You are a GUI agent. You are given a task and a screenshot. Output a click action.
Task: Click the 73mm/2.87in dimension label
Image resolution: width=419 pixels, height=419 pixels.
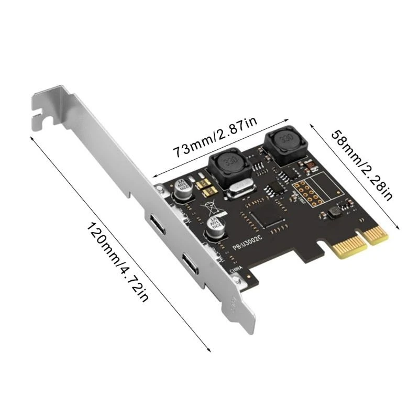[215, 137]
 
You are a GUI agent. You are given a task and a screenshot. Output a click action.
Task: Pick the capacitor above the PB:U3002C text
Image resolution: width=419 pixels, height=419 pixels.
[216, 230]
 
